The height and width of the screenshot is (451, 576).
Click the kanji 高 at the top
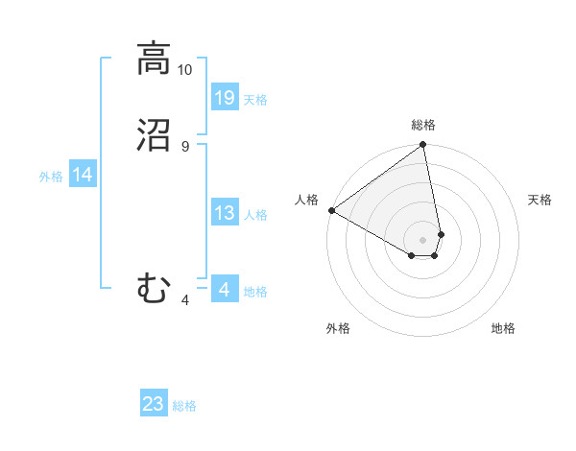point(154,60)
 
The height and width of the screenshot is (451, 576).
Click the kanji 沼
point(154,136)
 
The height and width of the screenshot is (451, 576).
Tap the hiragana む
point(154,287)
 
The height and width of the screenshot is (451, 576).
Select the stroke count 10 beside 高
point(185,70)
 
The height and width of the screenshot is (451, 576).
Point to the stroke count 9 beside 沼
point(185,146)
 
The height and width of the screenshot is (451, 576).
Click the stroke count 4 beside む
point(185,300)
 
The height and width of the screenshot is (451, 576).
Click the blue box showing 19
point(225,98)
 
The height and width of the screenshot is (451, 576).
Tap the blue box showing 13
point(225,213)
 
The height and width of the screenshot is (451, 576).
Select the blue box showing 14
point(83,175)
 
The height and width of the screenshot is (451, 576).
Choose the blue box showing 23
point(154,404)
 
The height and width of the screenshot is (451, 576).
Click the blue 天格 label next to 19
point(255,100)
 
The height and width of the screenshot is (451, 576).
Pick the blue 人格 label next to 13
point(255,215)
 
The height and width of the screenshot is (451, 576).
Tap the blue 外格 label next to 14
point(51,177)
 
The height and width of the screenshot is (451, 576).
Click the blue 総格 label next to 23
point(184,406)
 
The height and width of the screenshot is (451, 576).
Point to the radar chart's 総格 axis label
point(423,125)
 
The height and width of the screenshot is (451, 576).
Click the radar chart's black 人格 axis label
point(307,200)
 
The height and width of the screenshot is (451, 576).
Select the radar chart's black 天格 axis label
point(540,200)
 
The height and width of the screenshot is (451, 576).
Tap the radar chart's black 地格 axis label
point(503,328)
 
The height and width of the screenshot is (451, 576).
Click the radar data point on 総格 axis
point(423,146)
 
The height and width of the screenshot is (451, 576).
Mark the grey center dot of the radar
point(423,239)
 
